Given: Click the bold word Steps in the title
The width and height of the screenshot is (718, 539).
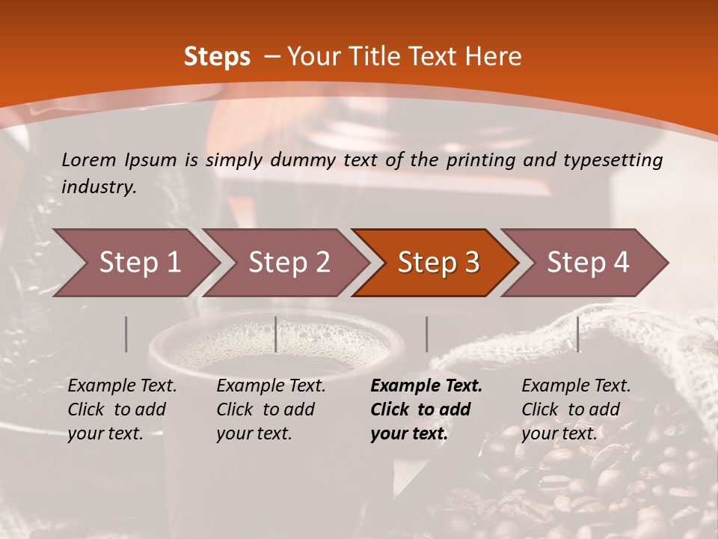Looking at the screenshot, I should click(217, 57).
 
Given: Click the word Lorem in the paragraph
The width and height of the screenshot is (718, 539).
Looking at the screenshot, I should click(88, 159).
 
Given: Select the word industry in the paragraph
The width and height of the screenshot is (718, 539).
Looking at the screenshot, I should click(99, 187).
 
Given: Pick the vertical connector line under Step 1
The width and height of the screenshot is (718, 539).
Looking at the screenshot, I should click(126, 334).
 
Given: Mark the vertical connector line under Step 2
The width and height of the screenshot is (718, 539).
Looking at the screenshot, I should click(276, 334).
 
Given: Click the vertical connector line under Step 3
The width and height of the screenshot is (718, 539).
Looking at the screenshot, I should click(427, 334).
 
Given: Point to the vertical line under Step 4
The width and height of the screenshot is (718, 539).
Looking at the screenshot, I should click(578, 334).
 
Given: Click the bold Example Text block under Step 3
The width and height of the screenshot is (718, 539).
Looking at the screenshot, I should click(426, 409).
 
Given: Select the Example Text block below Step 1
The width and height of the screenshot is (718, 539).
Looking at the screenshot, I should click(122, 409).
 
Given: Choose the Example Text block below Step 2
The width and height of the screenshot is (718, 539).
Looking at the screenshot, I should click(271, 409).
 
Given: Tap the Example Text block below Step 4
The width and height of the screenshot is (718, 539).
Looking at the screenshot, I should click(576, 409).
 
